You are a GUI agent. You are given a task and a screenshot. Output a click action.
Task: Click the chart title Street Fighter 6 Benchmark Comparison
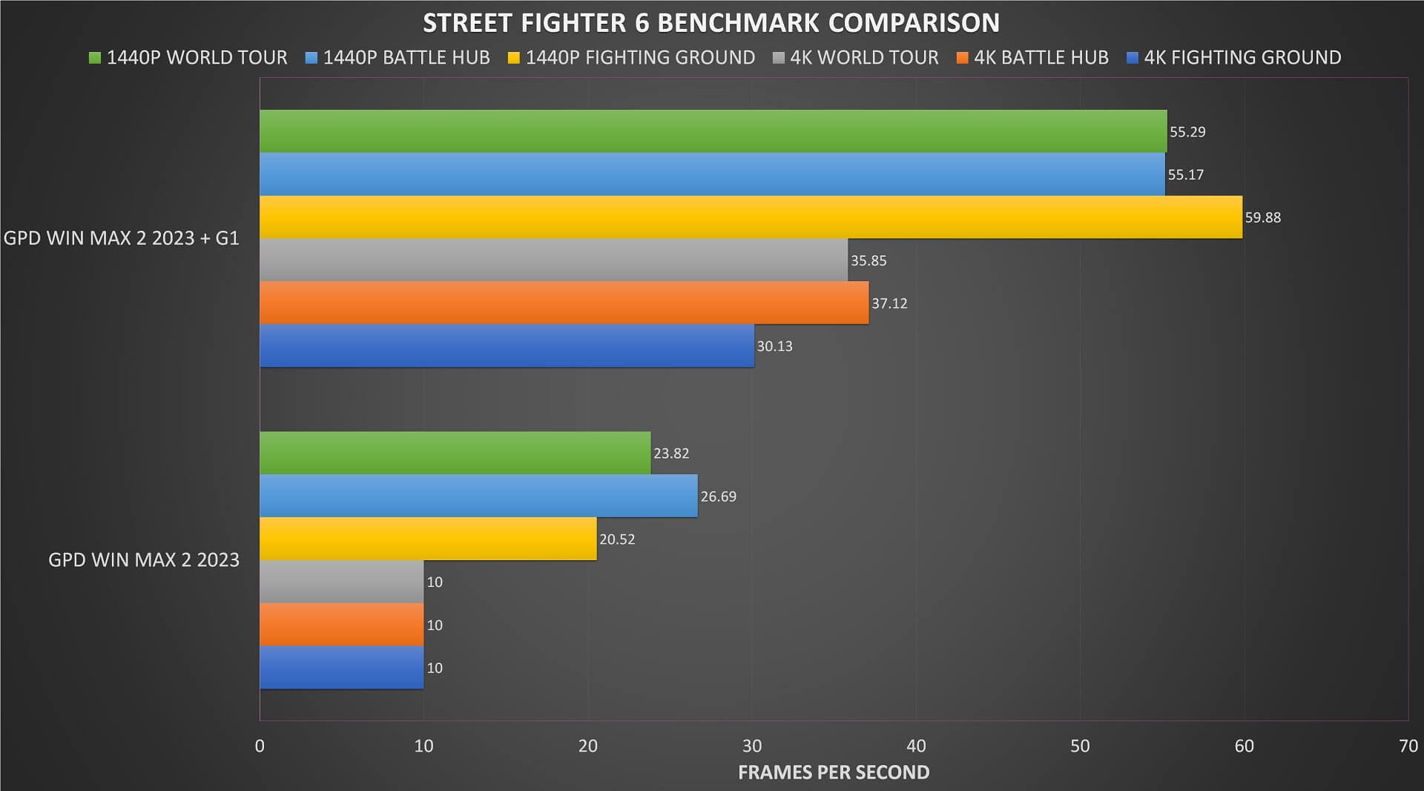point(711,23)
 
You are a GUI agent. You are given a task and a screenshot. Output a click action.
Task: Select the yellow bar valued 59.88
point(751,217)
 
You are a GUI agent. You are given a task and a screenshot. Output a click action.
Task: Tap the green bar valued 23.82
point(455,453)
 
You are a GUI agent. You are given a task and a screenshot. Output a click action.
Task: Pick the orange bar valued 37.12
point(564,303)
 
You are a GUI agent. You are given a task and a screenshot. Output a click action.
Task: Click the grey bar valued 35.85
point(553,260)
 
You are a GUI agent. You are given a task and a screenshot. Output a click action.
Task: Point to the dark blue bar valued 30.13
point(507,346)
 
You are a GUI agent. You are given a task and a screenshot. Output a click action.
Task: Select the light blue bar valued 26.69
point(478,496)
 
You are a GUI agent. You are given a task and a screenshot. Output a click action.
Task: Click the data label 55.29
point(1187,132)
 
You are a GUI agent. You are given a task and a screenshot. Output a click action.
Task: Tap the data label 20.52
point(617,539)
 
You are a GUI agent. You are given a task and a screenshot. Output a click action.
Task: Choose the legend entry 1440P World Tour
point(188,58)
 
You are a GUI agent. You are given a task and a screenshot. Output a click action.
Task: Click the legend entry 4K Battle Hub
point(1032,58)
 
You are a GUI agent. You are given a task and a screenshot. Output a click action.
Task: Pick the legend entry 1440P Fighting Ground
point(631,58)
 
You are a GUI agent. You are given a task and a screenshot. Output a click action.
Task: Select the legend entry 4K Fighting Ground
point(1233,58)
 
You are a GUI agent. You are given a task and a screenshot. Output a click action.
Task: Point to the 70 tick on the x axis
point(1408,746)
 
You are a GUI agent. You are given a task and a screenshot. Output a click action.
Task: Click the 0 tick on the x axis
point(260,746)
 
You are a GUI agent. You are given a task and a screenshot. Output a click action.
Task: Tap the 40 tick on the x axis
point(916,746)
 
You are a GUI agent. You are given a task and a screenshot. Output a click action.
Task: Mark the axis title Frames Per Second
point(834,772)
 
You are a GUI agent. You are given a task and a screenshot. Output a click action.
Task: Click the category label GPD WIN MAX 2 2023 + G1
point(122,238)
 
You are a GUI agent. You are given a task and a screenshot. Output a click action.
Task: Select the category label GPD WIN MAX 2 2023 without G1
point(144,559)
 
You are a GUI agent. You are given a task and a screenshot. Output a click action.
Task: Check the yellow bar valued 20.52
point(428,539)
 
